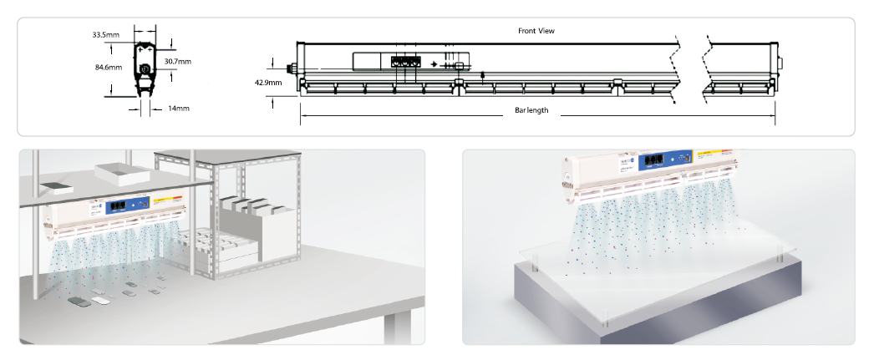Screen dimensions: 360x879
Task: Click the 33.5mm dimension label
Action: pos(106,35)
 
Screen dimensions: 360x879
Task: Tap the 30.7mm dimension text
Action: pos(178,62)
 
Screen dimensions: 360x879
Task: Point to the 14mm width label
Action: pos(179,109)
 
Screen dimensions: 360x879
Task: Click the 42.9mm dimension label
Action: pos(268,83)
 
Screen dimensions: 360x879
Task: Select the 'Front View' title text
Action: pos(536,31)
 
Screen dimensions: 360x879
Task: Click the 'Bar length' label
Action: pos(531,111)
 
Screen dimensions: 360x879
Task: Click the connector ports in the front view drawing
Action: pos(404,62)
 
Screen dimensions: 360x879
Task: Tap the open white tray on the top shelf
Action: pos(121,172)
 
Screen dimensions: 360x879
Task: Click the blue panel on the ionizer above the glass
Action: pos(664,160)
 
